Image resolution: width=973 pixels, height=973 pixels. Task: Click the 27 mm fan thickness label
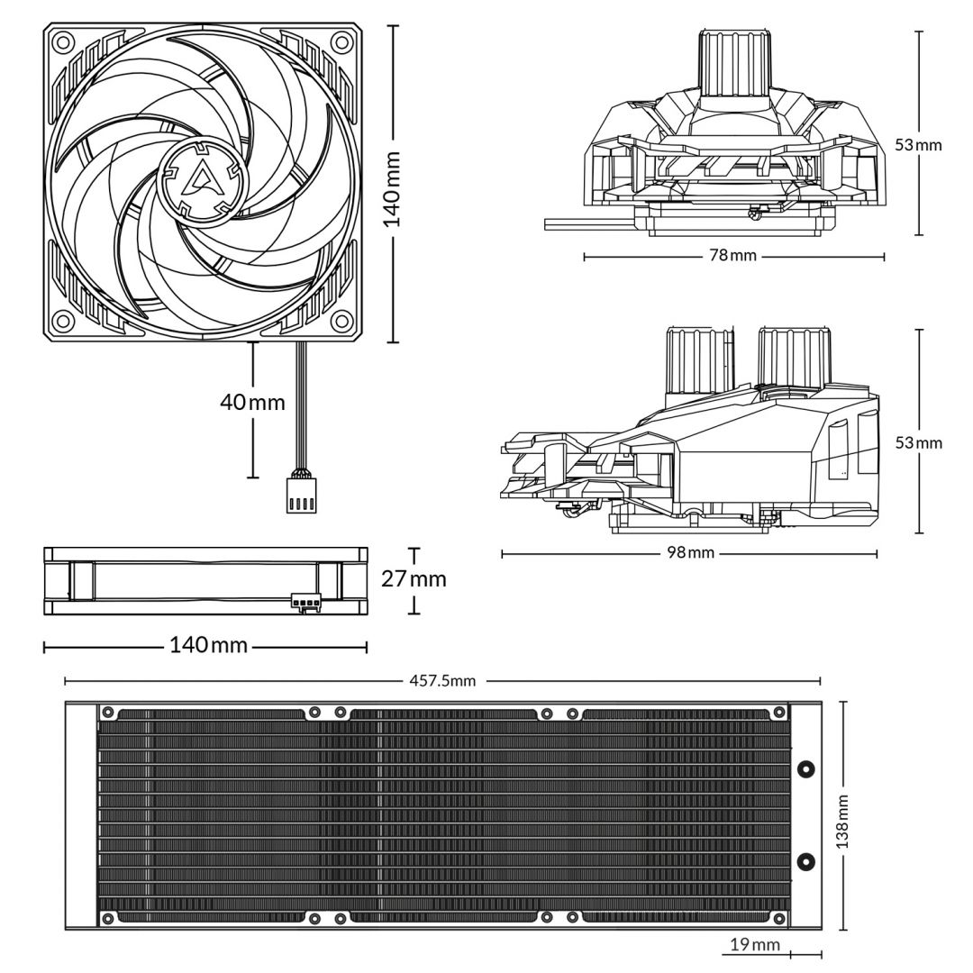click(414, 578)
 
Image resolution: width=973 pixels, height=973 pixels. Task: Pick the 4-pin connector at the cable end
click(301, 499)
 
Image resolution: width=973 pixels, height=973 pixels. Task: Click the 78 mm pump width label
click(732, 256)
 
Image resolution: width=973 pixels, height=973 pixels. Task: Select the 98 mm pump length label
click(688, 552)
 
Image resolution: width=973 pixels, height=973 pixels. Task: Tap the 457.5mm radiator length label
click(442, 681)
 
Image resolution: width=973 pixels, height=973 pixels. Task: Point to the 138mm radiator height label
click(842, 821)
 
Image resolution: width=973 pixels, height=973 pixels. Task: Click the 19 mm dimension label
click(754, 944)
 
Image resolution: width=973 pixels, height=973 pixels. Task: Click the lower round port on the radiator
click(806, 861)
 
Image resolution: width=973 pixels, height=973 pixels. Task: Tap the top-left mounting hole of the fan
click(62, 41)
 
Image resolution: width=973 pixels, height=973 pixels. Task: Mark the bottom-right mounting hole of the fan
click(341, 321)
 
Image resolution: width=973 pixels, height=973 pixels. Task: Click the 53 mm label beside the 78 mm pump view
click(918, 144)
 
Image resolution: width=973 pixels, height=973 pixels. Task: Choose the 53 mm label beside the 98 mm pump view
click(918, 443)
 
